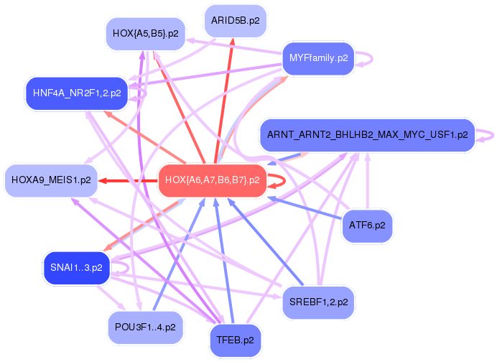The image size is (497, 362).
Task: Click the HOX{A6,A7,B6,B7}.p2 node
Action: point(212,180)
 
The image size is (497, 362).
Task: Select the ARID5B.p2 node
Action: point(236,21)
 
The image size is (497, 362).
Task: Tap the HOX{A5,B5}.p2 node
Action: point(146,33)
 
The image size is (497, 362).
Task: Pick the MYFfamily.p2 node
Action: point(318,57)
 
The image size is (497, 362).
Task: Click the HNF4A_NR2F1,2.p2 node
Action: point(76,93)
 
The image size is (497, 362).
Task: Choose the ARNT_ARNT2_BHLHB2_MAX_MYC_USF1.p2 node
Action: point(367,134)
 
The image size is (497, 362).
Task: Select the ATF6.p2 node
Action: point(367,226)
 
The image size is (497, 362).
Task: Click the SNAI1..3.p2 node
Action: point(76,268)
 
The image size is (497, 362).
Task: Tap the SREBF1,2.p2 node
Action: point(318,302)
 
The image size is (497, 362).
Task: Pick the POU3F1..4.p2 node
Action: point(144,327)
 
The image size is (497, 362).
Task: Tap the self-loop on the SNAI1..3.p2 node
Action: point(126,268)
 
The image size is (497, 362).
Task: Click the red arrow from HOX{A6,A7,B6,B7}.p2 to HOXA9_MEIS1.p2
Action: point(129,180)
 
